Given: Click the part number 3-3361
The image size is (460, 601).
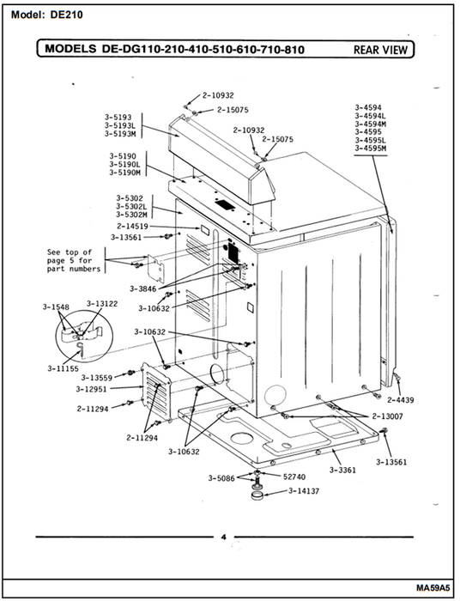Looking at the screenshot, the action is [342, 470].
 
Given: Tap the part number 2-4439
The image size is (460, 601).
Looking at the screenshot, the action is [400, 400].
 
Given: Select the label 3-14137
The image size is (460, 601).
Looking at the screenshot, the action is [304, 491].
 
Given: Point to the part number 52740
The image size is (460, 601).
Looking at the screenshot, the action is [294, 477].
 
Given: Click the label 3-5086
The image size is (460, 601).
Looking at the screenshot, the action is [221, 478].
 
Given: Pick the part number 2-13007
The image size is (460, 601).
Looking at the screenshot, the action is [387, 416].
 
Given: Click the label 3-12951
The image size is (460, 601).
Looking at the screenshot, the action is [91, 389].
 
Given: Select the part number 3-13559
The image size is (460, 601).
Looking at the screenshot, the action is [97, 378].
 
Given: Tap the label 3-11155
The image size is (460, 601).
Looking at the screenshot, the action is [63, 368].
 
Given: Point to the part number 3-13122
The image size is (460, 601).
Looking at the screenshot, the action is [102, 304].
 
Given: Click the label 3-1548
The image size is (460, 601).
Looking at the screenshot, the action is [56, 307].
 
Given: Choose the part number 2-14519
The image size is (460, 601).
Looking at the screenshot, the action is [132, 226].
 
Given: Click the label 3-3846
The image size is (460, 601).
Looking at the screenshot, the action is [142, 288].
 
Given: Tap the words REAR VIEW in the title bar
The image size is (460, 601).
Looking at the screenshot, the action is [380, 50].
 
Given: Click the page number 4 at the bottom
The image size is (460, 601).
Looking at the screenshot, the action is [224, 537].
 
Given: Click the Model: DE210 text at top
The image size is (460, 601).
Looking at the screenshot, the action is [46, 15].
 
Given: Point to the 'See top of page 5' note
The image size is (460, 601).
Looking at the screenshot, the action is [74, 261].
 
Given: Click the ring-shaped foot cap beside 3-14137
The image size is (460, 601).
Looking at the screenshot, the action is [257, 495].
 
